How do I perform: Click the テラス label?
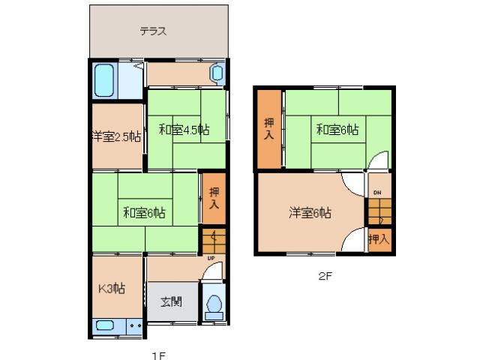[152, 31]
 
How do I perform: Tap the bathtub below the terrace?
[105, 80]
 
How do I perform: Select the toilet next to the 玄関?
[214, 303]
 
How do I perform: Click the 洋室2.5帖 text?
[115, 136]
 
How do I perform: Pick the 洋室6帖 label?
[310, 213]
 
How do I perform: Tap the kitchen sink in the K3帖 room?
[105, 326]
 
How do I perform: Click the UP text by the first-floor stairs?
[211, 259]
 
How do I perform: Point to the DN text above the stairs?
[378, 193]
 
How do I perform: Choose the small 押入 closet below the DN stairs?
[379, 239]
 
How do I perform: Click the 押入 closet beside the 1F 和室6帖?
[213, 198]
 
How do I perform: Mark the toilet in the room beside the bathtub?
[217, 74]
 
